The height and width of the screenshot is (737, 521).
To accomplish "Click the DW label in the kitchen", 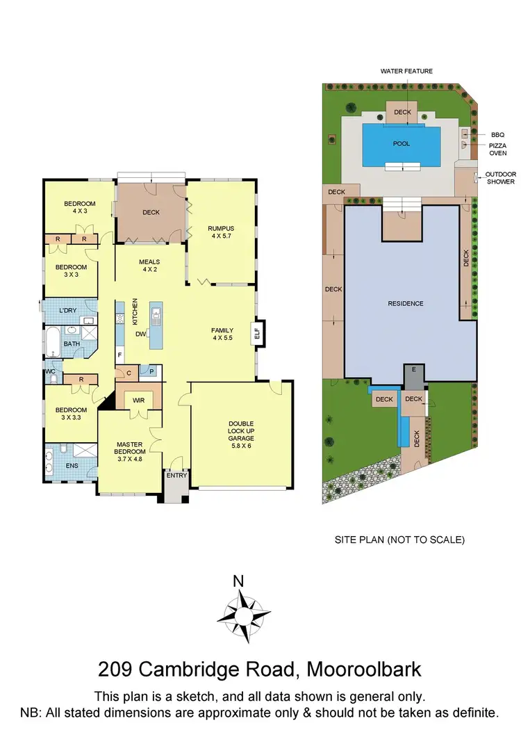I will [x=141, y=334].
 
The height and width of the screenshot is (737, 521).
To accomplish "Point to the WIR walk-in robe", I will [x=139, y=400].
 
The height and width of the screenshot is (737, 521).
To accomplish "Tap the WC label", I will [x=49, y=371].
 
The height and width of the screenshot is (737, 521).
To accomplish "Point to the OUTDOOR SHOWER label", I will [x=500, y=178].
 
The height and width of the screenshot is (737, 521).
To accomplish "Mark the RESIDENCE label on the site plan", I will [x=406, y=303].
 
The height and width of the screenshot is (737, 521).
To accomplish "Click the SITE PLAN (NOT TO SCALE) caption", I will [x=399, y=540].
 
